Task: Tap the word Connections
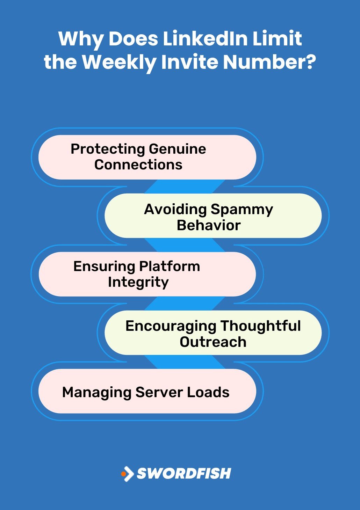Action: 138,165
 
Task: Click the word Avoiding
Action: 175,210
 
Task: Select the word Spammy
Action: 242,210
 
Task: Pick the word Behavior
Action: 209,225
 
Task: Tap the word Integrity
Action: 138,282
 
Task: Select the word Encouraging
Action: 171,327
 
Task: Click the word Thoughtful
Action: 261,326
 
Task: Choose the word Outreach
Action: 213,342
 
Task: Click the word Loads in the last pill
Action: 208,392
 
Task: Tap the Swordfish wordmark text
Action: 184,474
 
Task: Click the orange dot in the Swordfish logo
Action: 123,474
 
